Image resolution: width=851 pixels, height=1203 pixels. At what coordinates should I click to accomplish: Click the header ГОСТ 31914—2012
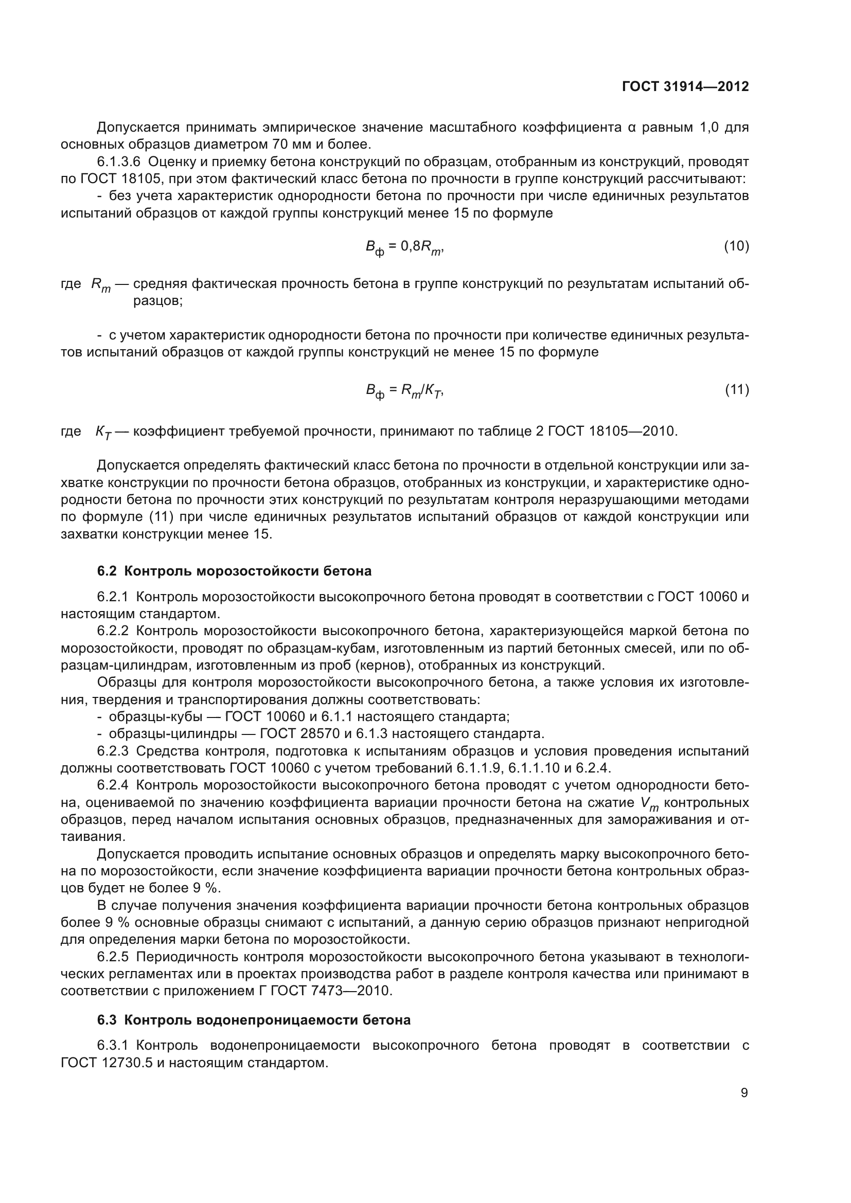685,87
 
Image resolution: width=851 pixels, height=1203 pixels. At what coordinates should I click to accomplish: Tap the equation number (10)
736,246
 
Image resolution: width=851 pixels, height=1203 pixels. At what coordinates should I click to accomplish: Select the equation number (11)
736,389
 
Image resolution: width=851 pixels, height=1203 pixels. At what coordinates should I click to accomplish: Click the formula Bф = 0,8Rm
404,247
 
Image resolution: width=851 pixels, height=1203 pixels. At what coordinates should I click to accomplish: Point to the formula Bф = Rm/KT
404,390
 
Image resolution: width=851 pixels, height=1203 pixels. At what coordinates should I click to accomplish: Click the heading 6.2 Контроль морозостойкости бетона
234,571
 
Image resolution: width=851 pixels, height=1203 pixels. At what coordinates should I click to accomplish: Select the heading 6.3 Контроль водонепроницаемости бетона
254,1020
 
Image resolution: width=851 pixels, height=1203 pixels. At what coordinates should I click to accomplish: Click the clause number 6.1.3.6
119,161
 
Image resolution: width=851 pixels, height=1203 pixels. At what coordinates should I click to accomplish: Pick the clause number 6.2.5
113,957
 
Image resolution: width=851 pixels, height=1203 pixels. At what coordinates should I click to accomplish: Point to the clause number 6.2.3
113,751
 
